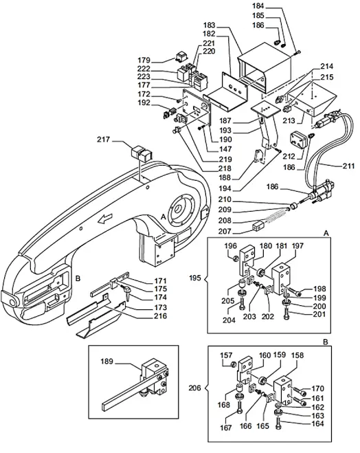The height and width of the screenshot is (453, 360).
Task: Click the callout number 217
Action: point(104,140)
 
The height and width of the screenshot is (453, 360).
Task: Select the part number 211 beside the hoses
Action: point(350,166)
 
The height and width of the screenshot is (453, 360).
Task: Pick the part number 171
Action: point(160,281)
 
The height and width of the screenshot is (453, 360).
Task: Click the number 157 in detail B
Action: point(225,356)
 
